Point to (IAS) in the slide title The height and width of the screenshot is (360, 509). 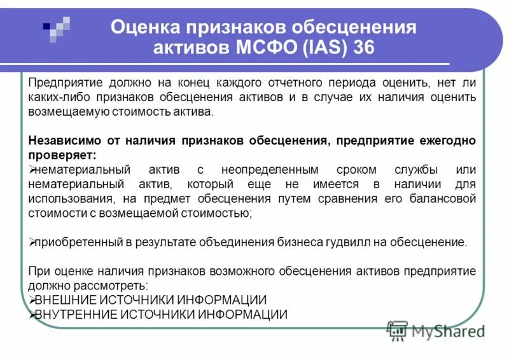click(x=319, y=48)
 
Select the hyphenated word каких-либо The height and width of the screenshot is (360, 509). click(x=56, y=97)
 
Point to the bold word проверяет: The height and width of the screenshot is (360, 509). click(x=62, y=155)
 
